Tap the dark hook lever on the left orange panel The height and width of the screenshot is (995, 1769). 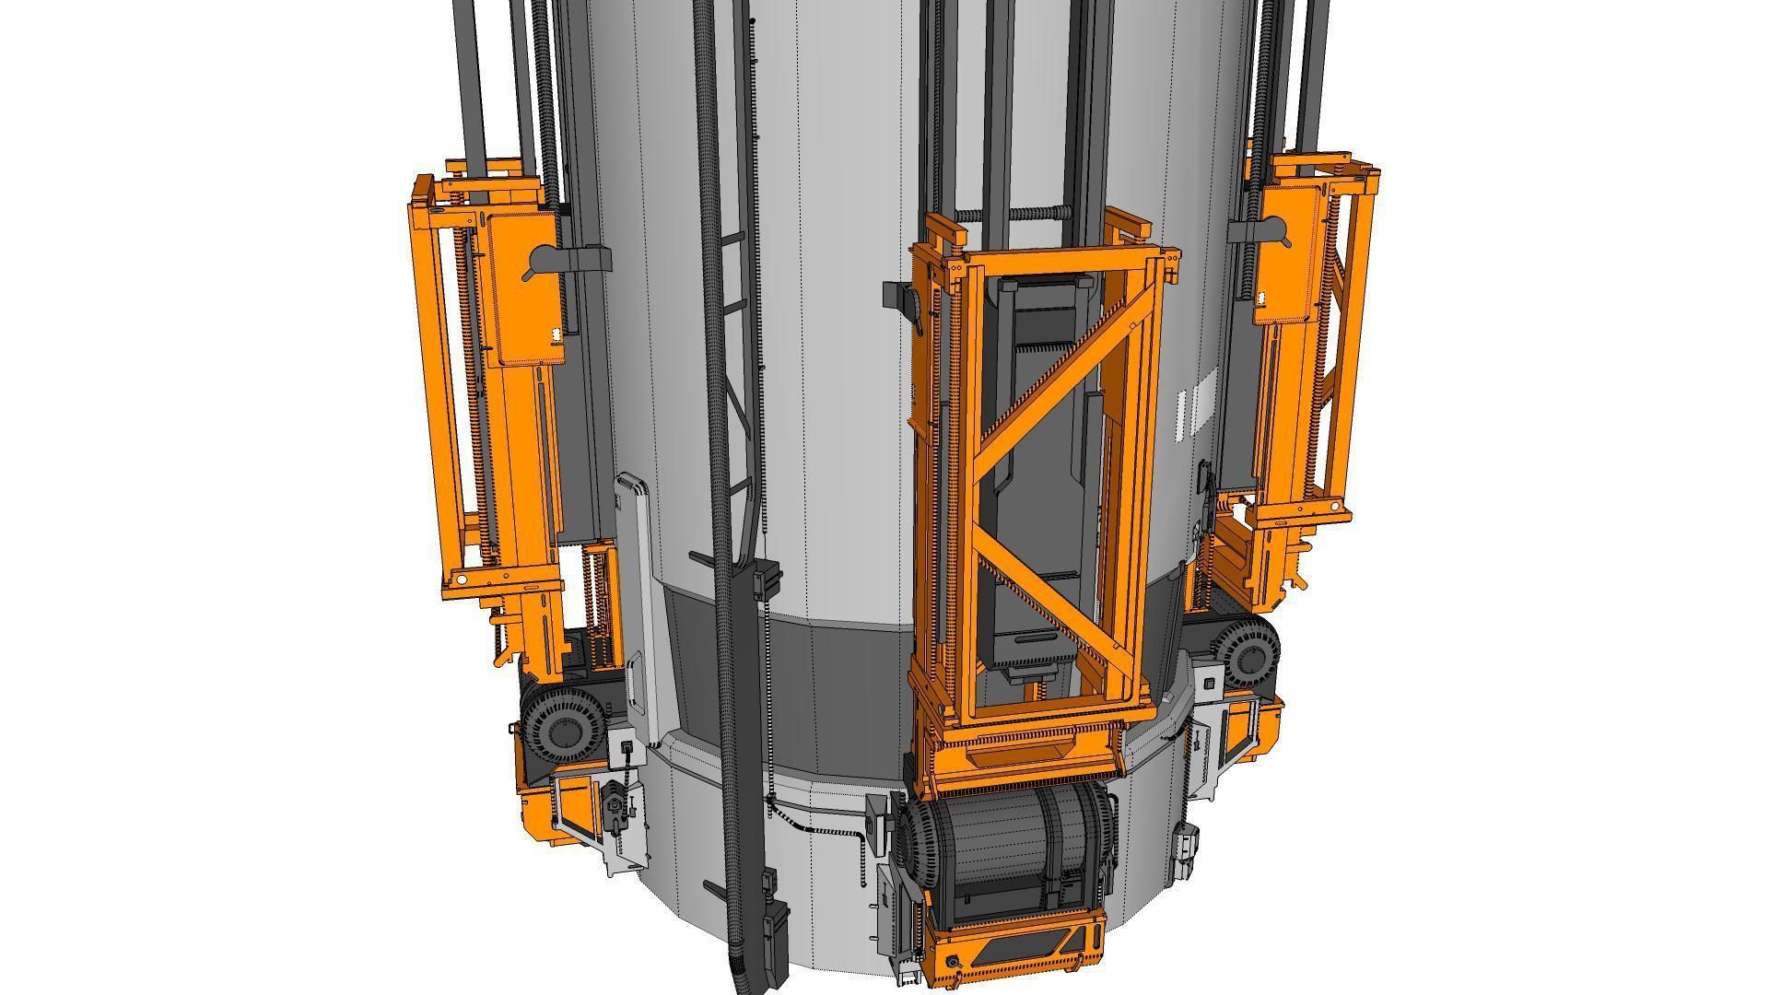539,263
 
